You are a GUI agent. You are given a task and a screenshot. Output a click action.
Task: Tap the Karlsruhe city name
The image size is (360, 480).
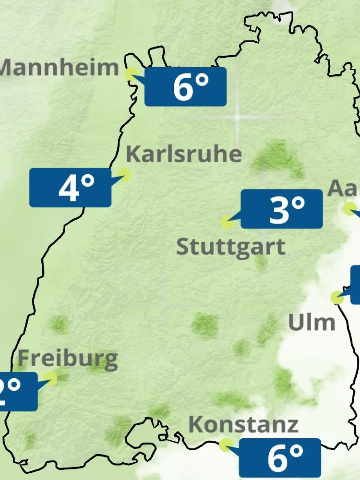pos(184,154)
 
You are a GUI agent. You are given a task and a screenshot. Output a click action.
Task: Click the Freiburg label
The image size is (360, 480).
pos(68,359)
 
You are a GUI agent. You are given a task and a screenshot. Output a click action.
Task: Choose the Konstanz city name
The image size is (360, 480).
pos(243,424)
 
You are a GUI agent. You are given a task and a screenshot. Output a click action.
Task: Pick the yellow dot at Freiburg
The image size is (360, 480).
pos(50,379)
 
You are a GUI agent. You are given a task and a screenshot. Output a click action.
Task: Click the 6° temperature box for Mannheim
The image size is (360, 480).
pos(185,87)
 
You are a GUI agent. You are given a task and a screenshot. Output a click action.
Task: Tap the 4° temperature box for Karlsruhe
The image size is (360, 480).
pos(70,187)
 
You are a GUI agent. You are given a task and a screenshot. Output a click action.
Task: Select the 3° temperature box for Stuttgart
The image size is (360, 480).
pos(282,209)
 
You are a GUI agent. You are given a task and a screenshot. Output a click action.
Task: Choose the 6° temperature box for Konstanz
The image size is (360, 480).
pos(280,458)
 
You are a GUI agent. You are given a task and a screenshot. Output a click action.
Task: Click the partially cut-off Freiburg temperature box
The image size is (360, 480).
pos(18,391)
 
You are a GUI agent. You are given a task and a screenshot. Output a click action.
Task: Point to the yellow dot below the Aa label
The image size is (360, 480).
pos(349,209)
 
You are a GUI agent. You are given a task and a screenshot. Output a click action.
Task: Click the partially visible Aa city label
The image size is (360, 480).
pos(344,188)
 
